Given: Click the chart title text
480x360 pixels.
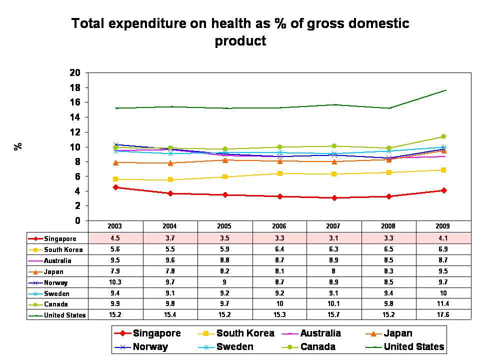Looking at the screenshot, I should (x=240, y=31).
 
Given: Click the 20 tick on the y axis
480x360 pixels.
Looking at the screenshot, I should (x=75, y=73).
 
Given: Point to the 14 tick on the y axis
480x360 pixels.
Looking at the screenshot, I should (x=75, y=117).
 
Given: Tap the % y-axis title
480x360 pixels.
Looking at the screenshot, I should (x=18, y=146).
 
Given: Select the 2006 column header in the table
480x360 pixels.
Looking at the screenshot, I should (x=280, y=226).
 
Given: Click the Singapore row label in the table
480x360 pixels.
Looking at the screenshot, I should (x=60, y=238).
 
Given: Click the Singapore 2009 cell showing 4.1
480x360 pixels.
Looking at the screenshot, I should (x=443, y=238).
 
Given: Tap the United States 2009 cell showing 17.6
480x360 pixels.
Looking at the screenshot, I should (x=443, y=315).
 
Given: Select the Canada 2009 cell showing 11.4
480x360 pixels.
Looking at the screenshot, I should (x=443, y=304).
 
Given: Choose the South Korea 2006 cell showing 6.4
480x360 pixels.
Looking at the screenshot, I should (x=280, y=249).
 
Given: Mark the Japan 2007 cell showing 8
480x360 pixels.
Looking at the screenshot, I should (x=334, y=271).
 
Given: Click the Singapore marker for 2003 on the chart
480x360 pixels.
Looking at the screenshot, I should (x=116, y=187).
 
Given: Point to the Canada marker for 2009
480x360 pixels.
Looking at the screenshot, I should (x=443, y=136).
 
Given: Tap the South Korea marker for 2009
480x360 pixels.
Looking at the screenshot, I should (x=443, y=170).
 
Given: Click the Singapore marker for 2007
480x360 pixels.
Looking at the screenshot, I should (x=334, y=198).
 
